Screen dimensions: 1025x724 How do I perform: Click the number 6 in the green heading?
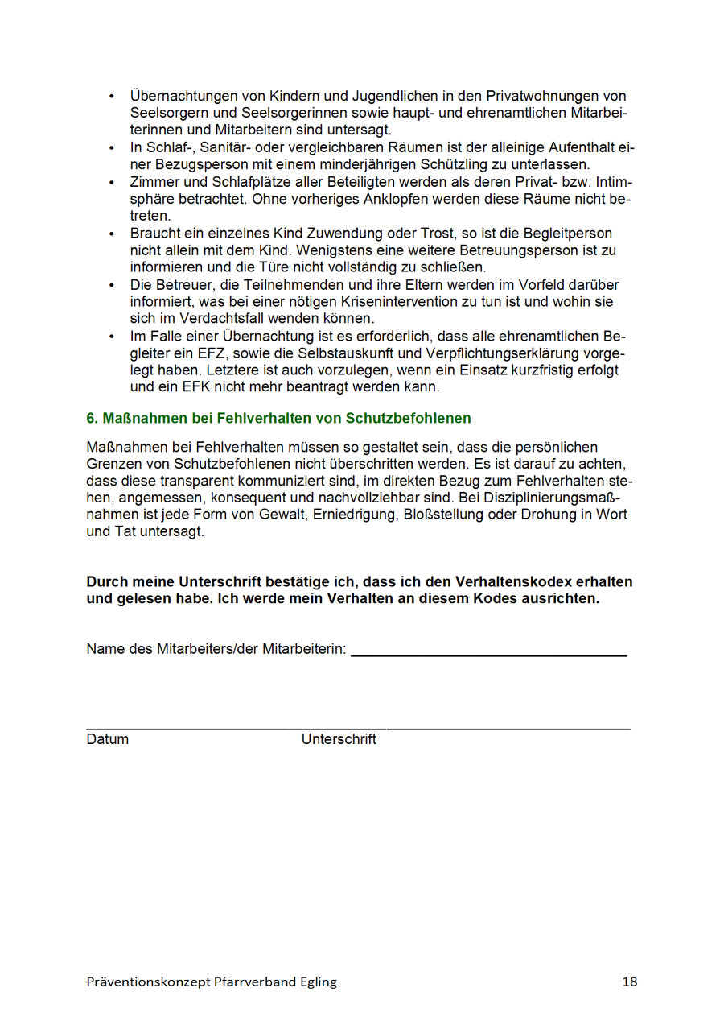point(91,419)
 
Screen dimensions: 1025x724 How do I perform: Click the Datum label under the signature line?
point(107,739)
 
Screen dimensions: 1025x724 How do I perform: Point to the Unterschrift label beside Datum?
point(339,739)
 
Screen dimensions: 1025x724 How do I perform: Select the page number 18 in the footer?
point(629,982)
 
